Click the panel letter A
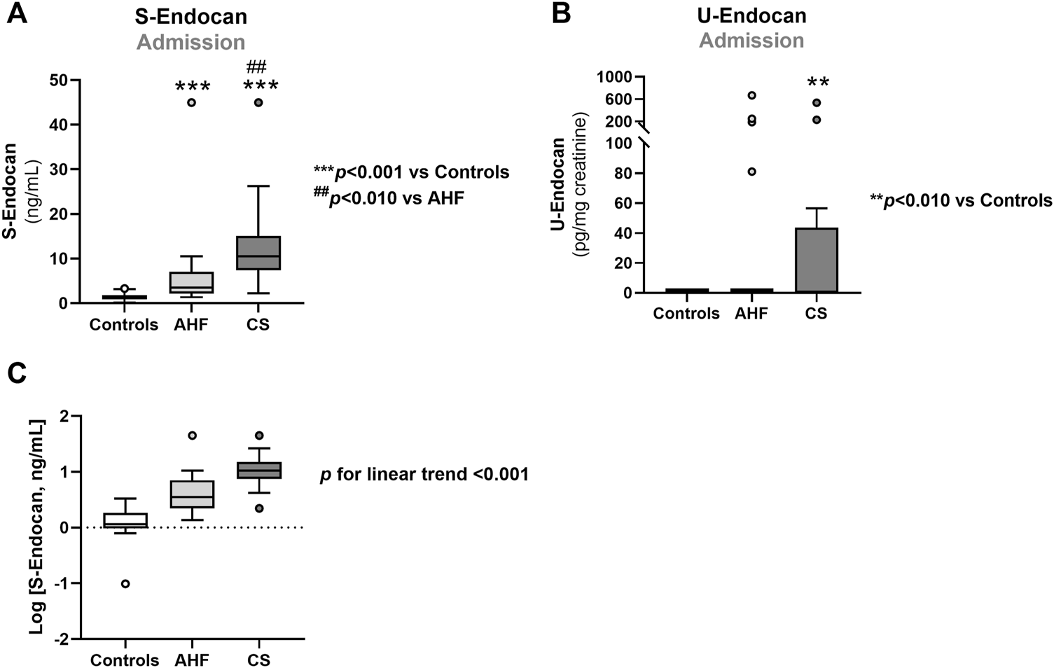coord(17,14)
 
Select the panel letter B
coord(561,14)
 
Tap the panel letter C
coord(17,374)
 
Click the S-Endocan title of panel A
coord(190,15)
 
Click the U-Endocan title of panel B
coord(751,15)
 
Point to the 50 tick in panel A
coord(63,80)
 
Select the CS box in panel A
coord(258,253)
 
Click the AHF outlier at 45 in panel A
coord(191,102)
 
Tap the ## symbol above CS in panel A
coord(257,67)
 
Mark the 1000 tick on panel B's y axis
coord(614,76)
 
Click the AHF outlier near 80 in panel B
coord(751,172)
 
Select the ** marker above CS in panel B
coord(818,83)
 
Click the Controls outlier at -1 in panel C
coord(125,584)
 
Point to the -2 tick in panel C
coord(63,639)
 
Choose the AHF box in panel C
coord(191,494)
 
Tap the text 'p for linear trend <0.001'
coord(424,475)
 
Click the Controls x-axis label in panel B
coord(686,314)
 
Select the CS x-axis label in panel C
coord(258,660)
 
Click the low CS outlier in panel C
coord(258,508)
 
